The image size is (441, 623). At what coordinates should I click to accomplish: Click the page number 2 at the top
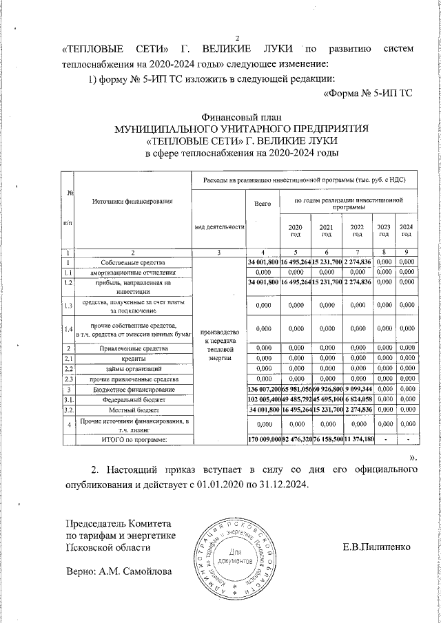pyautogui.click(x=237, y=37)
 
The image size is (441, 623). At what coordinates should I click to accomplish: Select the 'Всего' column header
pyautogui.click(x=262, y=204)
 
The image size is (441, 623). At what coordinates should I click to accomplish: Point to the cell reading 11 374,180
pyautogui.click(x=357, y=439)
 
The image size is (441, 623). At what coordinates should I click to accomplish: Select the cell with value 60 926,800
pyautogui.click(x=327, y=389)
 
